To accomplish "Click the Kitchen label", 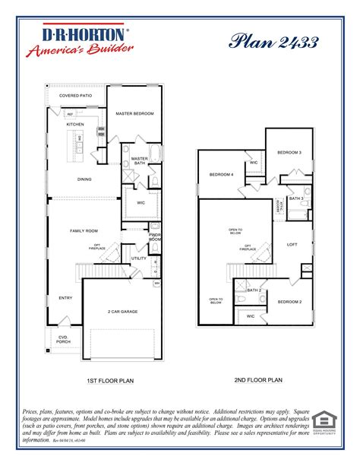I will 74,124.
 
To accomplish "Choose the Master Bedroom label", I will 134,113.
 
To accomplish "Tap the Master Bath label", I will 139,160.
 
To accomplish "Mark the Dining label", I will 85,179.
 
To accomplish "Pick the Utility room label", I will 139,258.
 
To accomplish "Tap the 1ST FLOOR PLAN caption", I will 111,380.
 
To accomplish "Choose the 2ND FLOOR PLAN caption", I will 258,378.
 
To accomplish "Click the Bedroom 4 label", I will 221,175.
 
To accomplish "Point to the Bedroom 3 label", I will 289,152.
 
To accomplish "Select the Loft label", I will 291,244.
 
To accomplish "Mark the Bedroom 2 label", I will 289,302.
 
